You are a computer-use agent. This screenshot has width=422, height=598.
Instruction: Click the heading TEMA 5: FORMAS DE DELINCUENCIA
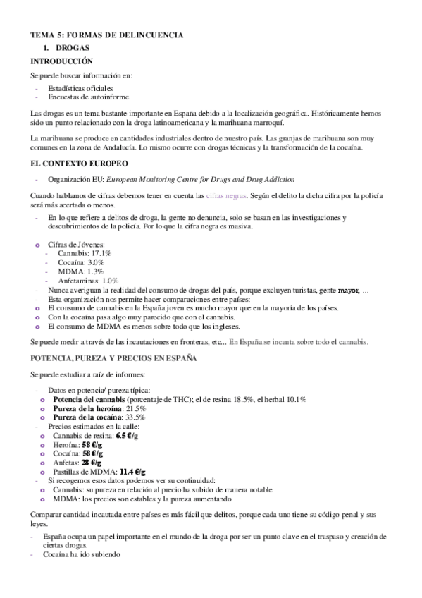(x=106, y=34)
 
